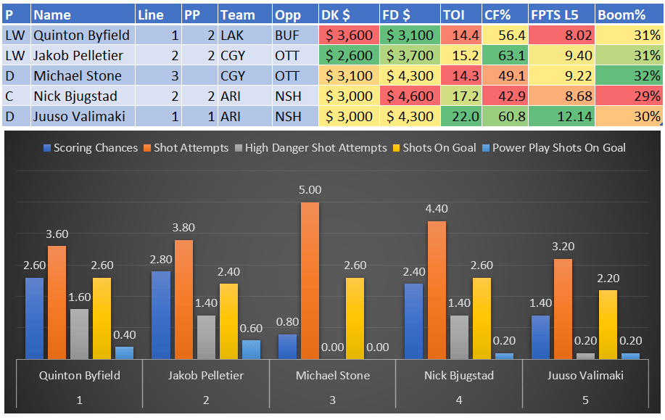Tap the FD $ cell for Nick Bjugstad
click(410, 96)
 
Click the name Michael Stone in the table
click(72, 75)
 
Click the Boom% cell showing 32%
click(628, 75)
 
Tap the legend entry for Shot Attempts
click(191, 148)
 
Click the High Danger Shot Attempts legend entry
click(315, 148)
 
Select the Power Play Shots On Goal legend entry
click(558, 148)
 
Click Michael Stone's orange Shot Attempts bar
click(310, 280)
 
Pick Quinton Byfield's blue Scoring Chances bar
click(34, 318)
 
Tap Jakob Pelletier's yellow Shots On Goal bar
click(228, 321)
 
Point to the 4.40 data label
click(437, 209)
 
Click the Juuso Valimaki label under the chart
click(586, 375)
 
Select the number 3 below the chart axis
click(333, 400)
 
